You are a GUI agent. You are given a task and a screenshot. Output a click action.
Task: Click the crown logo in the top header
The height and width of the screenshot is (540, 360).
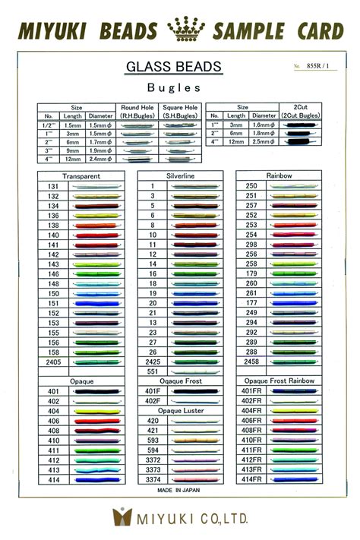pyautogui.click(x=181, y=30)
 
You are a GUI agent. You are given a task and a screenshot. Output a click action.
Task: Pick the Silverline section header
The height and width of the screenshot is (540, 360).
pyautogui.click(x=179, y=175)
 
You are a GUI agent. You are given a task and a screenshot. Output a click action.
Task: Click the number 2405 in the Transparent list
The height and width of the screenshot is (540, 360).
pyautogui.click(x=54, y=362)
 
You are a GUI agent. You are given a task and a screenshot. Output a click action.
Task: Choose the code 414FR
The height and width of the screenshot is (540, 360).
pyautogui.click(x=251, y=480)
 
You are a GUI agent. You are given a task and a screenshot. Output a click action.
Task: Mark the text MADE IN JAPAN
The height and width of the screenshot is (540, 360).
pyautogui.click(x=179, y=491)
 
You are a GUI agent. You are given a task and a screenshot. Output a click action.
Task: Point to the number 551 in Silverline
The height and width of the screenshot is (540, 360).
pyautogui.click(x=153, y=372)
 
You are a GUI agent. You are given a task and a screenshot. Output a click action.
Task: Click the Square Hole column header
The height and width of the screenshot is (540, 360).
pyautogui.click(x=180, y=112)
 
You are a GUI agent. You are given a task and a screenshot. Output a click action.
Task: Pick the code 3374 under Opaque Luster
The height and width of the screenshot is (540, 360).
pyautogui.click(x=153, y=480)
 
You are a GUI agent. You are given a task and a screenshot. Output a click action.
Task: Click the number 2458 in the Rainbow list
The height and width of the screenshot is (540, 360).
pyautogui.click(x=251, y=362)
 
